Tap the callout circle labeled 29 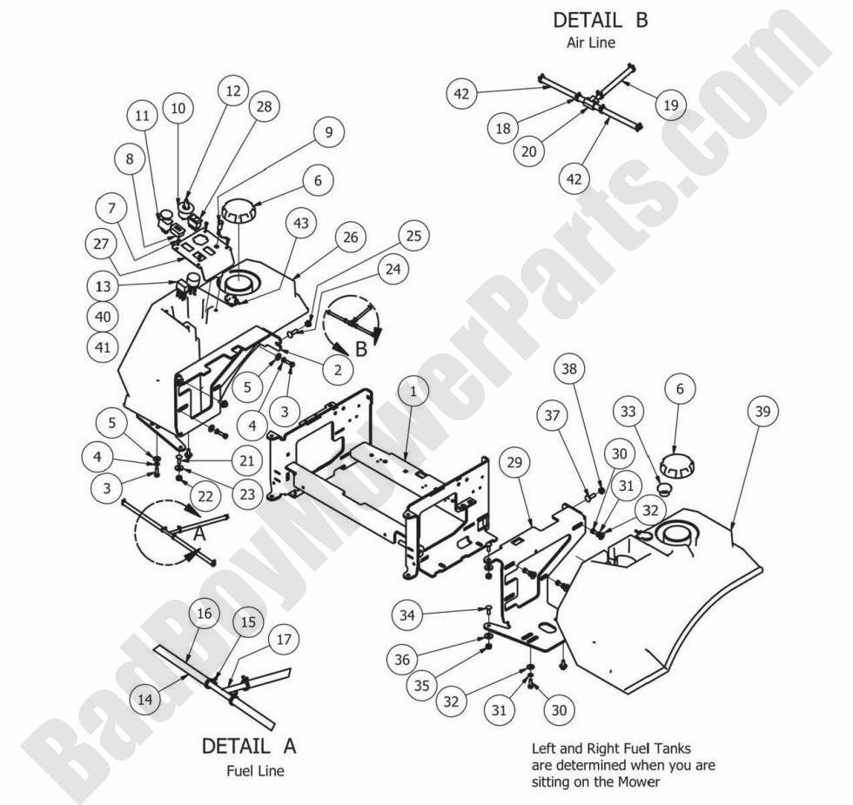pyautogui.click(x=514, y=463)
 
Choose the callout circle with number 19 pyautogui.click(x=670, y=107)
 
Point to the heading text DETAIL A pyautogui.click(x=249, y=746)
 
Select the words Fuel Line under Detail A pyautogui.click(x=254, y=770)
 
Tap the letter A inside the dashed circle pyautogui.click(x=198, y=535)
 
